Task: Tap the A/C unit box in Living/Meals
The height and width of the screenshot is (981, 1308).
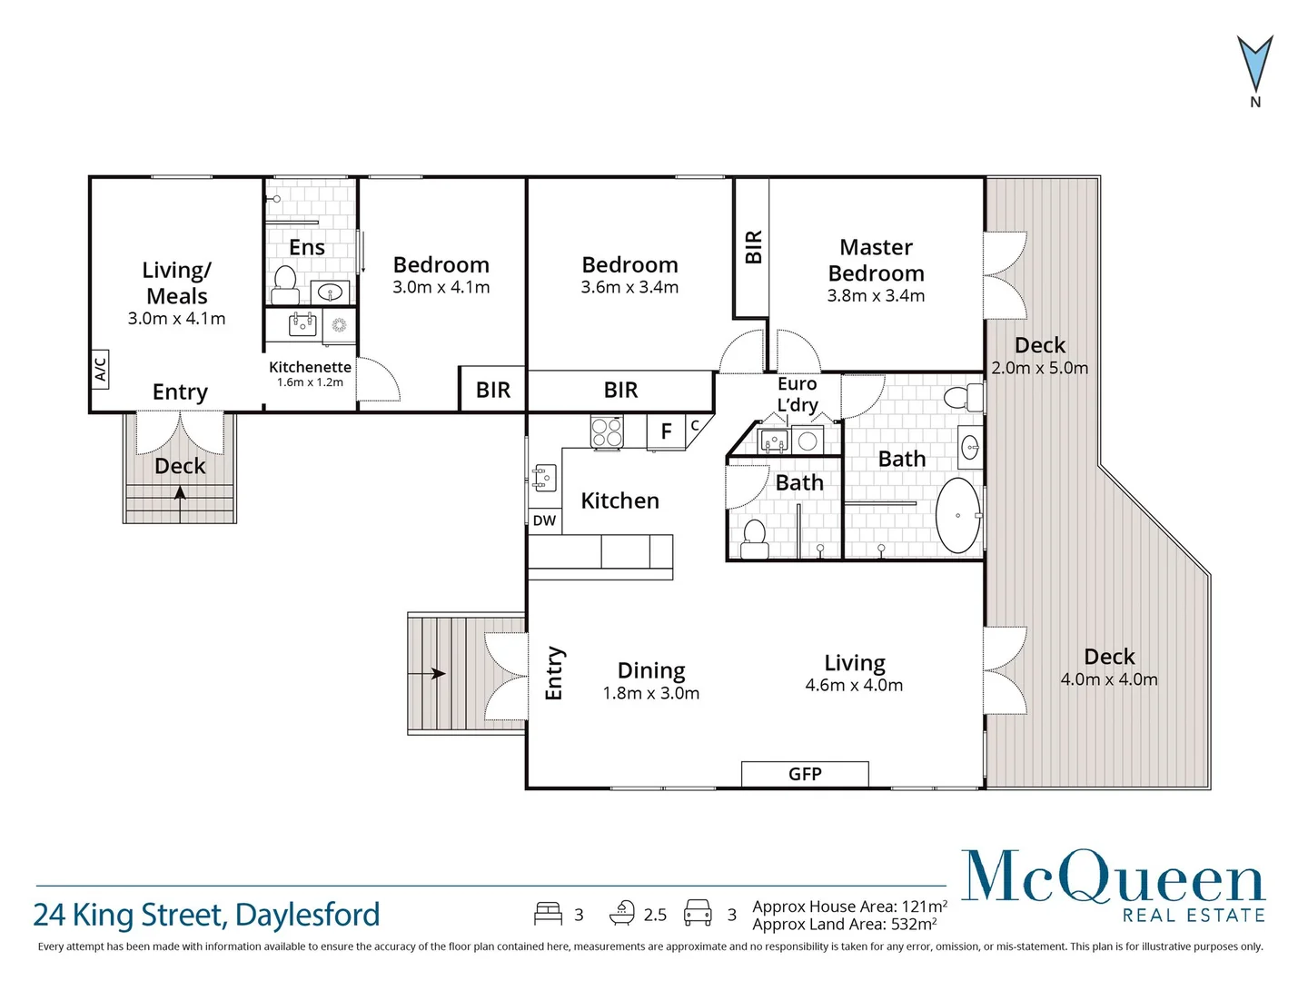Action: click(100, 369)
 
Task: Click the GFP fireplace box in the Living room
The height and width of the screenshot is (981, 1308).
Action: click(805, 774)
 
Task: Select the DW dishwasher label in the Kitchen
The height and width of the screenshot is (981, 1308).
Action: click(544, 520)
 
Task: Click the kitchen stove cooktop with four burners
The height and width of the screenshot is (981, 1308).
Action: click(607, 431)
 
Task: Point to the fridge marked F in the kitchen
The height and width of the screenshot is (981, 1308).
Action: click(666, 431)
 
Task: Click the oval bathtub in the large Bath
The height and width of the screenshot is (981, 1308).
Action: click(957, 515)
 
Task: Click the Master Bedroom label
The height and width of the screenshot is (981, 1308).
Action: click(876, 261)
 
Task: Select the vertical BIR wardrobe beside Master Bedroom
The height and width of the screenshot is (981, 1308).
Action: click(752, 247)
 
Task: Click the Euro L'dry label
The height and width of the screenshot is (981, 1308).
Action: click(797, 394)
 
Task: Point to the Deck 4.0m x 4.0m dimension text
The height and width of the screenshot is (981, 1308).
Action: click(1109, 679)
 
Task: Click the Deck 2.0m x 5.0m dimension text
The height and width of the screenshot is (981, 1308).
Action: click(1039, 368)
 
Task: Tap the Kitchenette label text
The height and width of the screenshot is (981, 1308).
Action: click(310, 367)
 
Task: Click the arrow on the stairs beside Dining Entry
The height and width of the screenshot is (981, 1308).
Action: click(437, 673)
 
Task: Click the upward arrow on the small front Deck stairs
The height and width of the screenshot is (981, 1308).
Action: click(180, 493)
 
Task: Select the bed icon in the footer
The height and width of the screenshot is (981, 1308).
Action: click(547, 913)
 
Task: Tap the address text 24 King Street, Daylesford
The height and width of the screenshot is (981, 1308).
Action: click(206, 914)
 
